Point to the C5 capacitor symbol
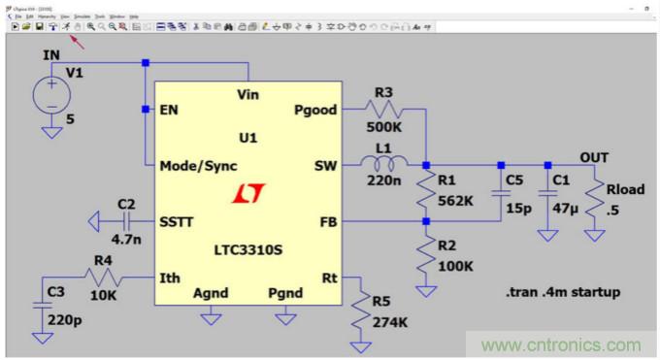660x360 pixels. [x=500, y=193]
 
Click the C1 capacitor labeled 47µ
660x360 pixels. [x=547, y=193]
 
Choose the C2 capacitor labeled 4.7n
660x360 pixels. [x=125, y=222]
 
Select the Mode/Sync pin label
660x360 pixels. [x=198, y=166]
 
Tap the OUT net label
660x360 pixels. [x=594, y=156]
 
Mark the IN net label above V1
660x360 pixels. [x=51, y=55]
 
